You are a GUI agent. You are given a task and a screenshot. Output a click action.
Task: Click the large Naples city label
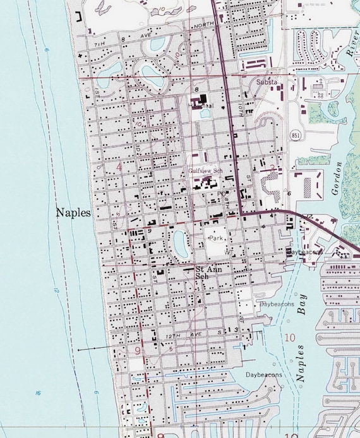[73, 213]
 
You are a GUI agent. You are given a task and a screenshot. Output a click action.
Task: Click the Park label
[217, 239]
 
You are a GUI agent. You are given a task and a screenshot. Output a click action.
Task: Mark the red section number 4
[119, 167]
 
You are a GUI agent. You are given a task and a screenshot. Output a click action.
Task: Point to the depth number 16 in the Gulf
[39, 393]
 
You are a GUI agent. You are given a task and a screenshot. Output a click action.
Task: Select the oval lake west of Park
[179, 243]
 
